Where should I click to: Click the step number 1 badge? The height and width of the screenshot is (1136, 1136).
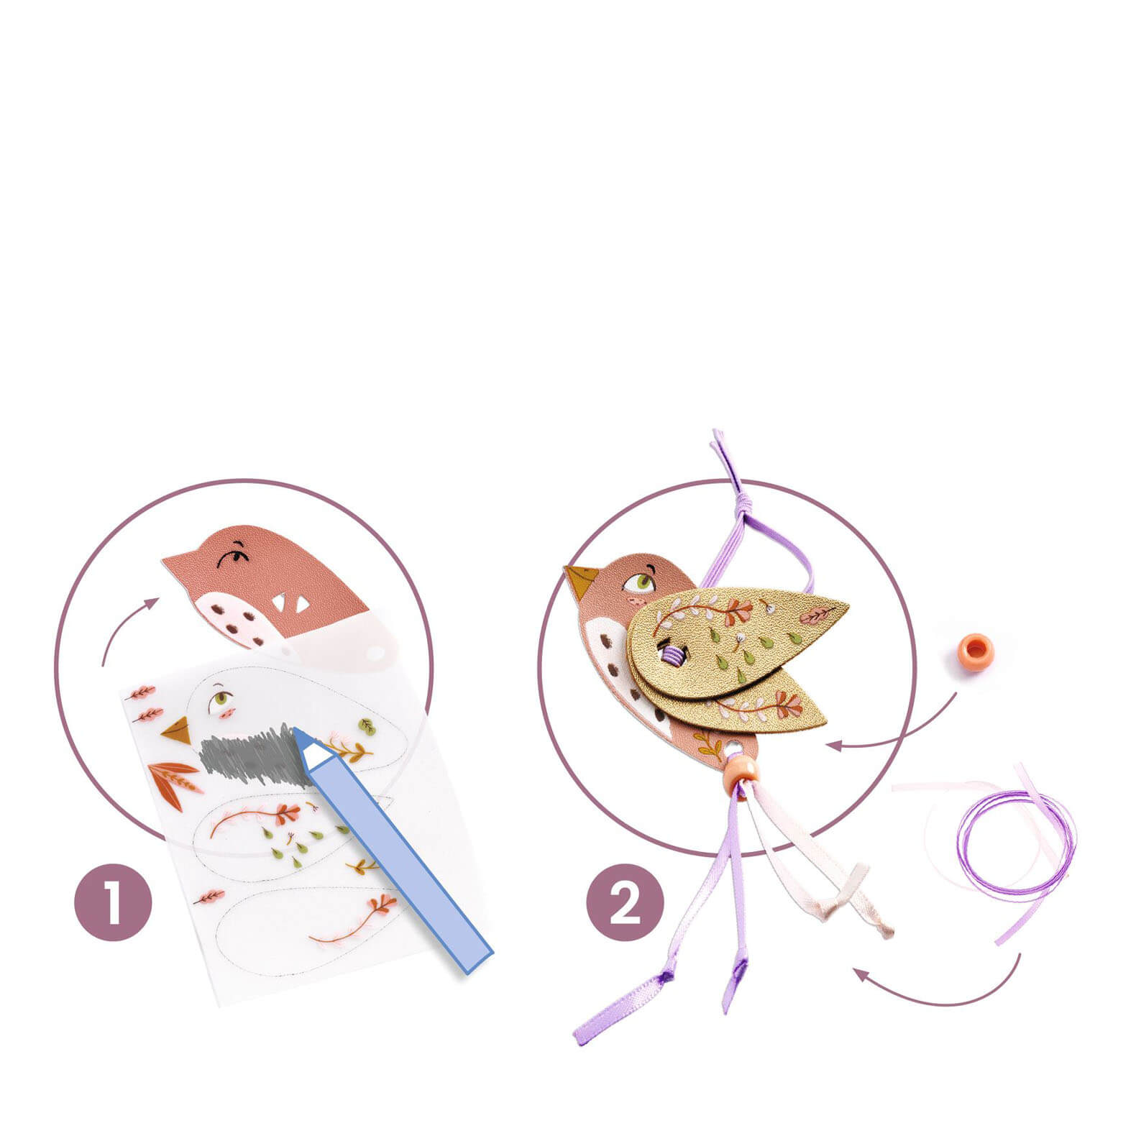[114, 902]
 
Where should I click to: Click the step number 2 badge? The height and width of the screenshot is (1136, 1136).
[625, 902]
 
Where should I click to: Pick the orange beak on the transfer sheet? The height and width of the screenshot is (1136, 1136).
[178, 730]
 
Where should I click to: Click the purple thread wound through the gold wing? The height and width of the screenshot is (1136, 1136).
[673, 654]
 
